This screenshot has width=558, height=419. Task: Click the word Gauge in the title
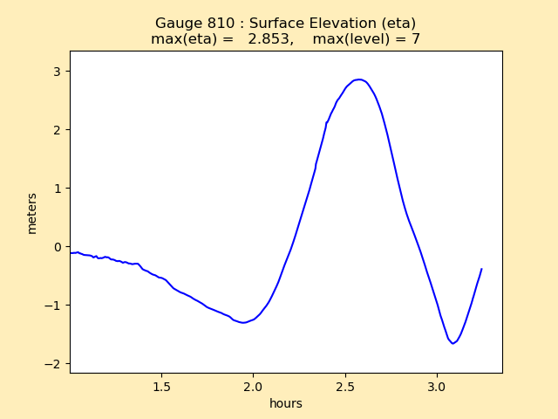point(175,24)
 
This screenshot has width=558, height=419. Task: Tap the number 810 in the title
point(217,24)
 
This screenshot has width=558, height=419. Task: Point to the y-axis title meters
point(32,213)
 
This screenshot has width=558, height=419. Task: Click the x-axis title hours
point(286,404)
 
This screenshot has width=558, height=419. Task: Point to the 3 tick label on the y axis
point(57,71)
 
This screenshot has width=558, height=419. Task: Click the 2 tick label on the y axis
point(57,129)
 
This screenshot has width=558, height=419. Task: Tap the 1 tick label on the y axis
point(57,188)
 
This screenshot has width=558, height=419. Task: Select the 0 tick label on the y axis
point(57,246)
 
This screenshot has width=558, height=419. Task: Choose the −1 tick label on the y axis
point(53,305)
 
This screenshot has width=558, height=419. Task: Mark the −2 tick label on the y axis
point(53,363)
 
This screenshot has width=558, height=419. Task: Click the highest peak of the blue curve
point(359,79)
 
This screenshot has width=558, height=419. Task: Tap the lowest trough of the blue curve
point(453,343)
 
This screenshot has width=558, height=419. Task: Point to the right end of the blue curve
point(481,269)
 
